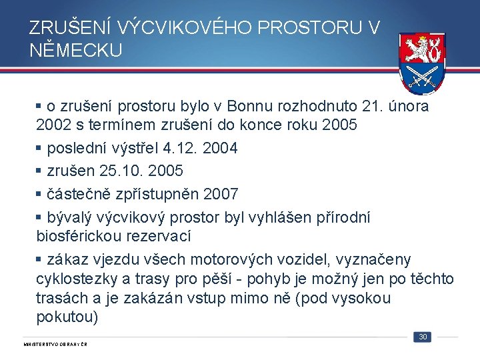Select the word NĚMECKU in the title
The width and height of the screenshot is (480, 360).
pos(76,50)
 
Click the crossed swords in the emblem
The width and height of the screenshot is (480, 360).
pos(423,76)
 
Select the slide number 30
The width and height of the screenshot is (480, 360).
pos(422,337)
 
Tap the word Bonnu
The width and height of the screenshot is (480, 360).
pos(248,106)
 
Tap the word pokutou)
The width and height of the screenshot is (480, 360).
pos(67,317)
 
